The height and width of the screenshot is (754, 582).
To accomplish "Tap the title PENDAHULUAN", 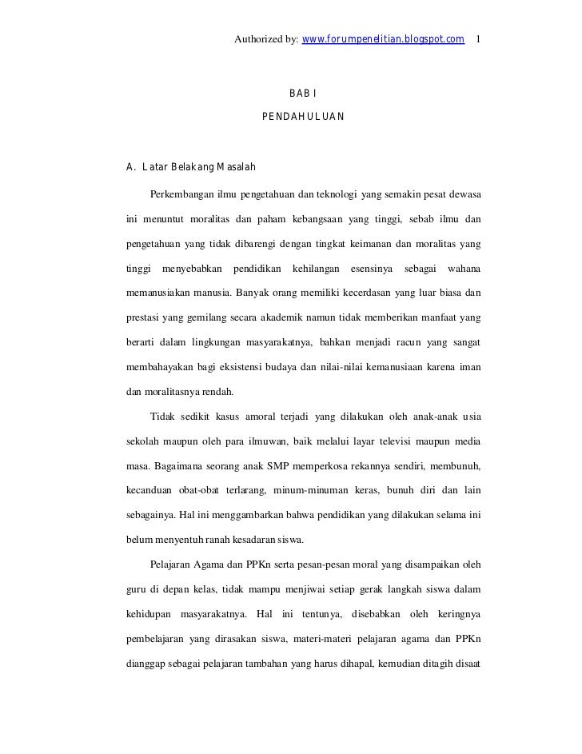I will (303, 117).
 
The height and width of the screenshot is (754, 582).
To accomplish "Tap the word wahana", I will (464, 269).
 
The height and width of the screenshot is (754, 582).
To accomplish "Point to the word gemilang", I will (209, 318).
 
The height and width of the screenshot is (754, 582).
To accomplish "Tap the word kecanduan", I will (149, 490).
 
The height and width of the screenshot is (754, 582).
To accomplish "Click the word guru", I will (138, 589).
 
